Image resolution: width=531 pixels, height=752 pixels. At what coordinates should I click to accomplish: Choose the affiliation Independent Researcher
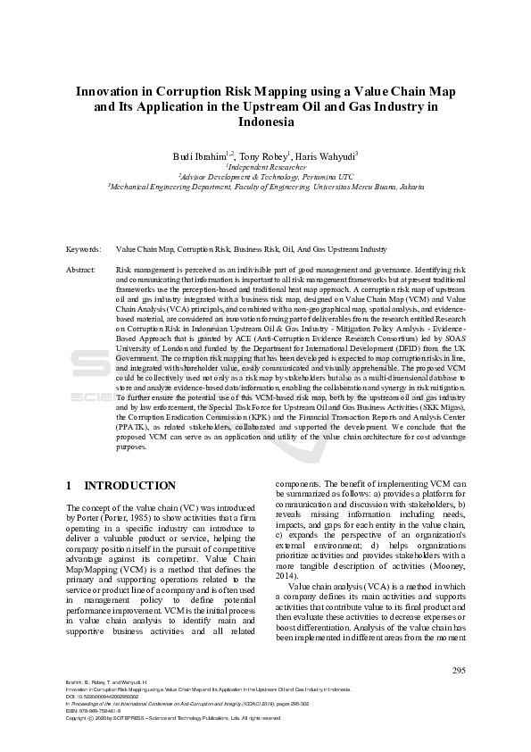point(266,167)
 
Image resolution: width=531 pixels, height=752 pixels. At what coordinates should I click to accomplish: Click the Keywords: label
point(84,250)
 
